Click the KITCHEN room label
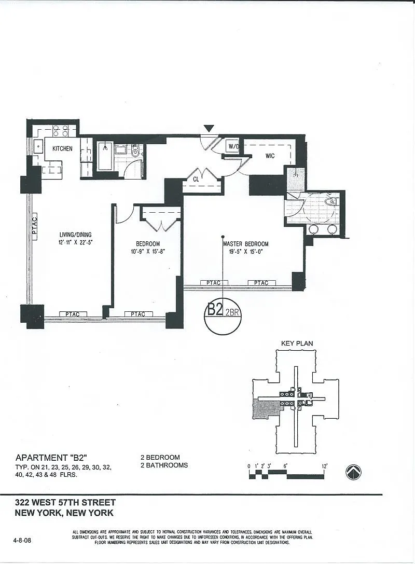coord(62,149)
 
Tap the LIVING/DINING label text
coord(75,235)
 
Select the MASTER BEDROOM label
coord(245,244)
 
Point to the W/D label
coord(233,147)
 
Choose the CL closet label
coord(197,179)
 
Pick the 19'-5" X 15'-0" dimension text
coord(245,252)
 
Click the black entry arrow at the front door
coord(209,128)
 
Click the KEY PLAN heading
coord(297,343)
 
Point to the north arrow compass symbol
coord(353,472)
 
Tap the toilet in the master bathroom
coord(330,201)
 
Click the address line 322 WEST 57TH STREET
coord(65,502)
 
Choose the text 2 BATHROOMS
coord(164,465)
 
